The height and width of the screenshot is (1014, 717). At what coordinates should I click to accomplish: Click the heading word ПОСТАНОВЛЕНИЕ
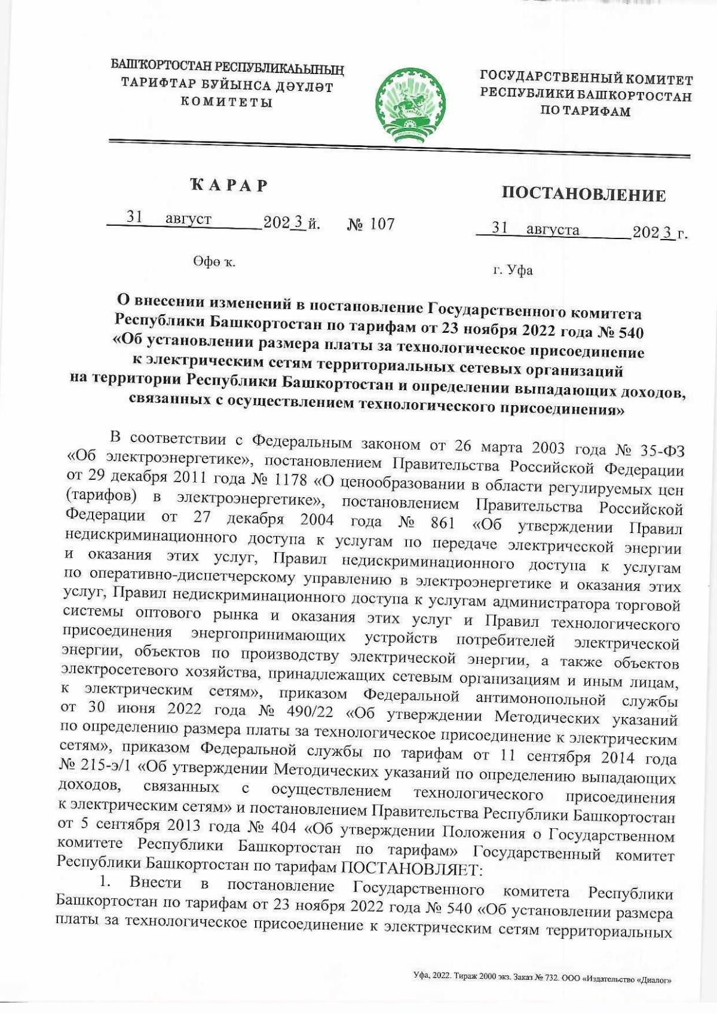(583, 195)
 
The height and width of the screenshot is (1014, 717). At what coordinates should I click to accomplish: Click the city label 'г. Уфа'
(513, 271)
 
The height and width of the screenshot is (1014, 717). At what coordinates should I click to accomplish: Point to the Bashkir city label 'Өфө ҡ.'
(213, 262)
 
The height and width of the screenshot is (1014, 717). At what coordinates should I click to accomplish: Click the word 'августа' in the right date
(553, 230)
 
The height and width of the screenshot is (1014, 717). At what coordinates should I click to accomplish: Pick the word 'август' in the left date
(188, 219)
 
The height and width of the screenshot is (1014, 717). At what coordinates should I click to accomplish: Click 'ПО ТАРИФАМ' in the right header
(586, 111)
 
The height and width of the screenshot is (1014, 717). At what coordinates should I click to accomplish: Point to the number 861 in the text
(443, 523)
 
